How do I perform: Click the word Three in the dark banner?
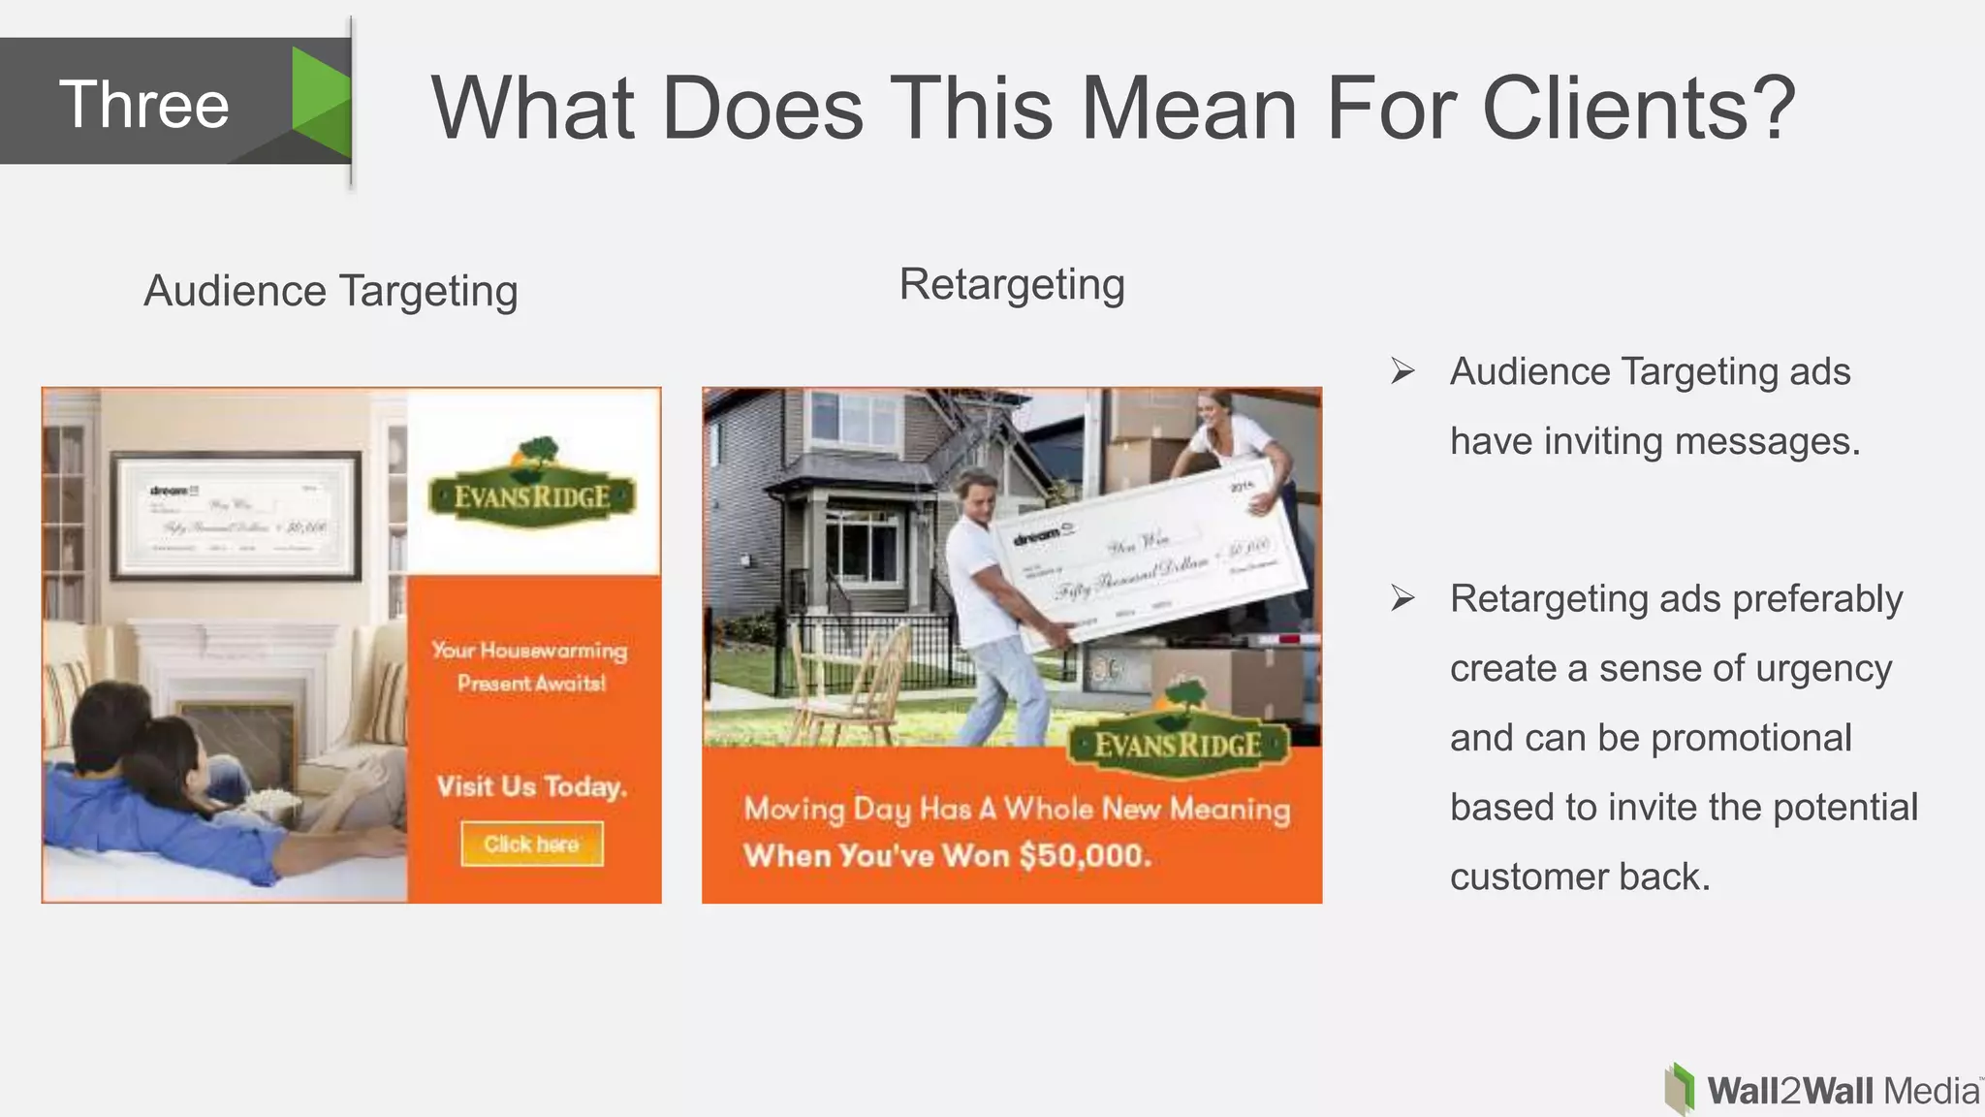click(144, 104)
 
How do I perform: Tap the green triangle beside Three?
click(320, 101)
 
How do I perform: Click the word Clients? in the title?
click(1638, 108)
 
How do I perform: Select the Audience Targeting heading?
click(331, 291)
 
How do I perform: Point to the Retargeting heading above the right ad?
click(1011, 284)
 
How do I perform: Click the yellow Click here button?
click(531, 844)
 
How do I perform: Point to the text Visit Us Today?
click(531, 786)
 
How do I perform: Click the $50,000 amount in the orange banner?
click(1085, 855)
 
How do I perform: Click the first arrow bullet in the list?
click(1402, 371)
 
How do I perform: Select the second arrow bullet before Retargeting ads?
click(1402, 598)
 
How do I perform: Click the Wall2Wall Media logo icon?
click(1679, 1089)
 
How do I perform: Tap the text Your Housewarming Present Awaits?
click(530, 666)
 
